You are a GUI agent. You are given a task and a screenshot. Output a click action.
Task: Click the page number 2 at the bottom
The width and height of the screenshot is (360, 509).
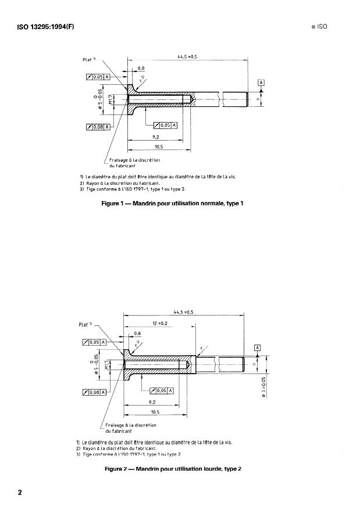pyautogui.click(x=20, y=493)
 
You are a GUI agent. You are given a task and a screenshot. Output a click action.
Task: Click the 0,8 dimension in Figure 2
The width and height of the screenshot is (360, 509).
pyautogui.click(x=137, y=334)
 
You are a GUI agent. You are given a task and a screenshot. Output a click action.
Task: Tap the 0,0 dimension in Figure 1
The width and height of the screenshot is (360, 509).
pyautogui.click(x=141, y=69)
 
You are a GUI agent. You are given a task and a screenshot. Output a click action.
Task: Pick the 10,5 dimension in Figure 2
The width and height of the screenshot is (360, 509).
pyautogui.click(x=154, y=412)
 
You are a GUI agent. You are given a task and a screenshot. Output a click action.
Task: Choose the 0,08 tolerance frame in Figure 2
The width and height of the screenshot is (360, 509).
pyautogui.click(x=94, y=392)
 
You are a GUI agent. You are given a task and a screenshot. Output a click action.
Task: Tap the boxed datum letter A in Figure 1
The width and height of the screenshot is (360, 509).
pyautogui.click(x=261, y=83)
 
